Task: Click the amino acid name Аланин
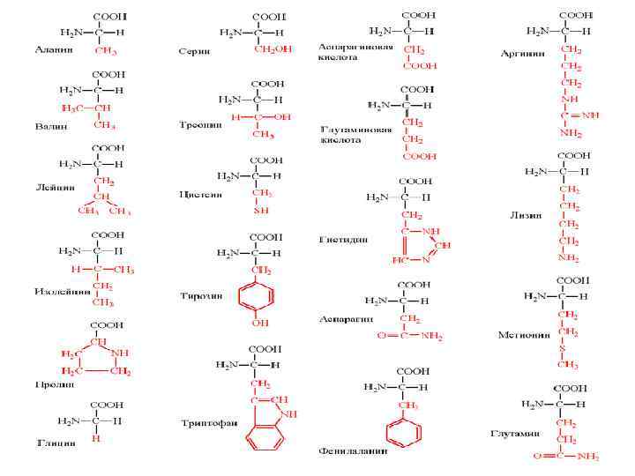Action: (x=54, y=50)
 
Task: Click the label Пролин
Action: (x=53, y=384)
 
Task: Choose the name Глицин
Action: (x=55, y=443)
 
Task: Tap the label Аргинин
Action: (x=521, y=53)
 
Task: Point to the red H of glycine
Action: (x=96, y=437)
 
